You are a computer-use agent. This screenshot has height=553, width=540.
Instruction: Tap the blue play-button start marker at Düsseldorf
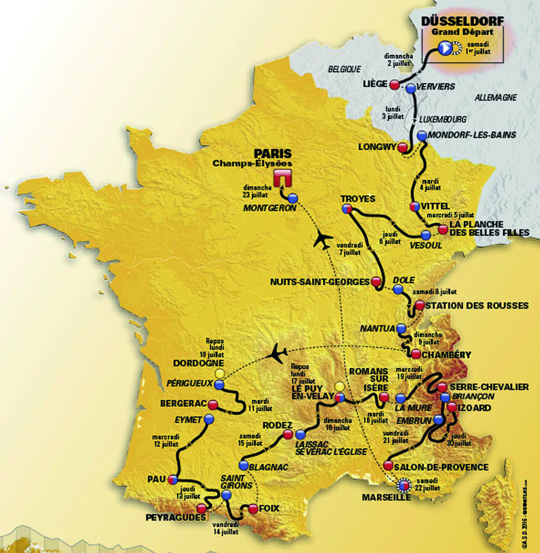444,49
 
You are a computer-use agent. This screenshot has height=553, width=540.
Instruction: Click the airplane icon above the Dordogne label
278,354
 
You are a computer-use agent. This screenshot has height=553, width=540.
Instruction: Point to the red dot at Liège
395,84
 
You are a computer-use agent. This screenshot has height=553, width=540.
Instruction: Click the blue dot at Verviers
411,88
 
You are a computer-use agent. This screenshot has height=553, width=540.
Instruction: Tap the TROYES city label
357,199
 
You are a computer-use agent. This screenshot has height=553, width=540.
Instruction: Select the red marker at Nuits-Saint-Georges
376,281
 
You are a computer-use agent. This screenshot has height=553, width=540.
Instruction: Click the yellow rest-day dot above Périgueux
219,374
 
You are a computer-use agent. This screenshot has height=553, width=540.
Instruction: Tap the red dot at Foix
253,508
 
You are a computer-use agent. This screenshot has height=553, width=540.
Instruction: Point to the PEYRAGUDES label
175,518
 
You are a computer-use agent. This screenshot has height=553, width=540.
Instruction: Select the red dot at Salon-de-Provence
388,466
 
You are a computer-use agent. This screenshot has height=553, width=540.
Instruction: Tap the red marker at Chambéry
415,354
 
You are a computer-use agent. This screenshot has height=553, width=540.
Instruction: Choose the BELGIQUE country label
344,69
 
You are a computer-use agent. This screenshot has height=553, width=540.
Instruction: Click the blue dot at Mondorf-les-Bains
422,135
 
